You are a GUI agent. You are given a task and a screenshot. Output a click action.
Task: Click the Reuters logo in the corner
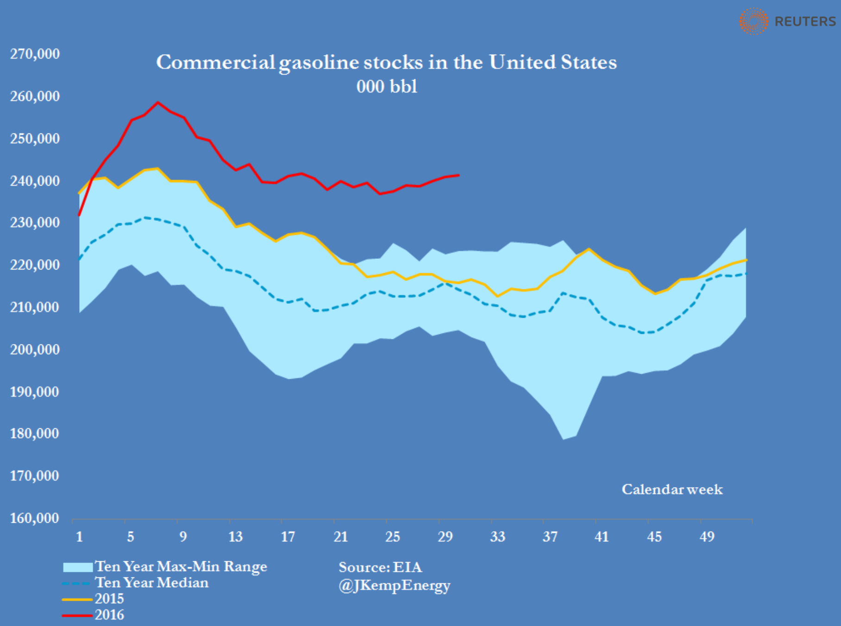click(x=787, y=21)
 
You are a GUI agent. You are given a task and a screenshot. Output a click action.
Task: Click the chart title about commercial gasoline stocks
click(x=386, y=63)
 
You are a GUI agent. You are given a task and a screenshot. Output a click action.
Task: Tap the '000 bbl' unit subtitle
click(x=387, y=87)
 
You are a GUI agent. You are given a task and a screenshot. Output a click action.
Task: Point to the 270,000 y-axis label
click(x=35, y=54)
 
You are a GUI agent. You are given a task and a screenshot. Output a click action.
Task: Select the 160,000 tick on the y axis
click(x=35, y=518)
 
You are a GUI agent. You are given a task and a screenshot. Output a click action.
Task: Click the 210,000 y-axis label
click(x=35, y=307)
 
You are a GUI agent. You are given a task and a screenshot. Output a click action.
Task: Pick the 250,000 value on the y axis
click(x=35, y=138)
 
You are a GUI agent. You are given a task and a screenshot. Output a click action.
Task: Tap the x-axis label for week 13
click(x=235, y=537)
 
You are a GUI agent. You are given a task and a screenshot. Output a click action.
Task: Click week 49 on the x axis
click(x=707, y=537)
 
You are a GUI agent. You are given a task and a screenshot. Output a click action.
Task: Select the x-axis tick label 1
click(x=79, y=537)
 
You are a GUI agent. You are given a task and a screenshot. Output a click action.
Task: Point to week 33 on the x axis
click(x=497, y=537)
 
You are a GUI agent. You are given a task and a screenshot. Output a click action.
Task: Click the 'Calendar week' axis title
click(x=672, y=489)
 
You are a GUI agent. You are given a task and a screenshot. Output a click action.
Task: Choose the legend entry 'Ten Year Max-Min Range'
click(x=181, y=566)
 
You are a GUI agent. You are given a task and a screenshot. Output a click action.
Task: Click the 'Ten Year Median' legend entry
click(x=151, y=582)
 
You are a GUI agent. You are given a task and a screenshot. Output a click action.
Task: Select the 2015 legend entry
click(x=109, y=599)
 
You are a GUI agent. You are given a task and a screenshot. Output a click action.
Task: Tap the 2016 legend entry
click(x=109, y=615)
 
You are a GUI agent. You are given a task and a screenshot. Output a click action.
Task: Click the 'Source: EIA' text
click(x=380, y=567)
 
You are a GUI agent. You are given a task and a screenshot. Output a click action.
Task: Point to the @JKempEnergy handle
click(x=394, y=585)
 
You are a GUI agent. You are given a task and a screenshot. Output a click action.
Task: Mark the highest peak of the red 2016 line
click(x=158, y=102)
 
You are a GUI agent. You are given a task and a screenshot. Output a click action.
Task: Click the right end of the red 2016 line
click(x=458, y=175)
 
